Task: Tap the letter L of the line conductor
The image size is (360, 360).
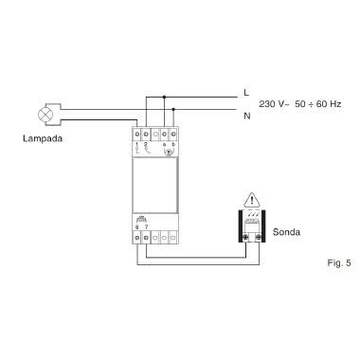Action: coord(245,92)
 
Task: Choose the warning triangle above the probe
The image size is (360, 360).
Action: coord(252,200)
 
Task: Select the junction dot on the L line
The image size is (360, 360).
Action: coord(166,95)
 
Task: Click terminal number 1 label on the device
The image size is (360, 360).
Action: coord(138,143)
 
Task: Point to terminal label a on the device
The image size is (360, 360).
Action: coord(166,143)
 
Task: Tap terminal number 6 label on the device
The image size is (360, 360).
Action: coord(138,228)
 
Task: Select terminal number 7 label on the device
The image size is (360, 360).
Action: coord(148,228)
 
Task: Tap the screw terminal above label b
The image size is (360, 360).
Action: coord(176,130)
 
